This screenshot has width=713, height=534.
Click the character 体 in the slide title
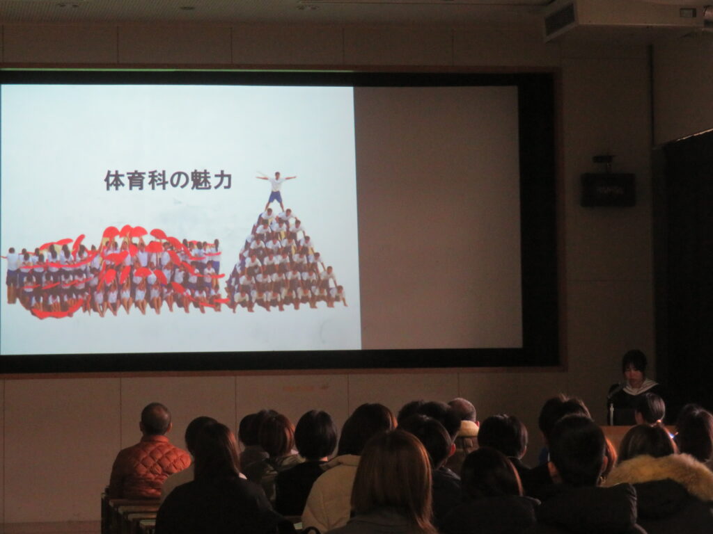tap(115, 180)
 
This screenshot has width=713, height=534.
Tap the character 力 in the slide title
tap(222, 180)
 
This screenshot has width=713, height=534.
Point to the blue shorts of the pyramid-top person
tap(275, 197)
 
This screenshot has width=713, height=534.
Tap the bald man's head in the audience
tap(155, 419)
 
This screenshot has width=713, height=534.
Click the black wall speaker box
tap(607, 189)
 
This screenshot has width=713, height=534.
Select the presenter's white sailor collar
tap(639, 387)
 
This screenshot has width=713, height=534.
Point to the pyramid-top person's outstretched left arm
tap(288, 177)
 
